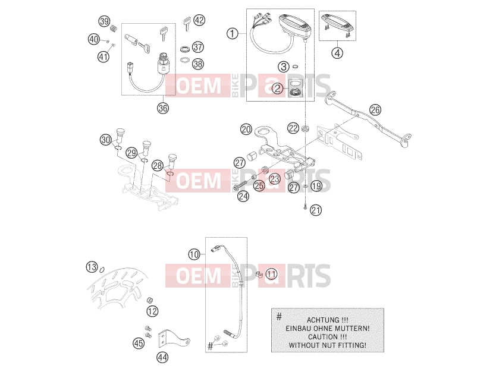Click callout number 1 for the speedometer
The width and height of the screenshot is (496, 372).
[x=233, y=33]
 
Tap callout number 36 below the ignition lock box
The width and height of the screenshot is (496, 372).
[x=163, y=108]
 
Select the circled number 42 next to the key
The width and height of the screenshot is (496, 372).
[x=199, y=20]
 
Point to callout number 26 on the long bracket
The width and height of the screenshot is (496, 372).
[x=375, y=110]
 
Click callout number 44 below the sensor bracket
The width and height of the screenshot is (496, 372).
[x=162, y=358]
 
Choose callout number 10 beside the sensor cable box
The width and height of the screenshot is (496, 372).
[x=194, y=254]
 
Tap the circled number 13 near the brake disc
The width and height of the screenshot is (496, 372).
[x=92, y=267]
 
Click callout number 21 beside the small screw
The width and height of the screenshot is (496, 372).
[x=316, y=210]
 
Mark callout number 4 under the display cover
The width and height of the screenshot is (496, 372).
[x=337, y=52]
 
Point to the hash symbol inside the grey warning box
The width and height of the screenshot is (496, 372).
[x=279, y=316]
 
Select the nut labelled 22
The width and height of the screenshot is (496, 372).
[x=305, y=128]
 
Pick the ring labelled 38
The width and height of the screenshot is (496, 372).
[x=185, y=60]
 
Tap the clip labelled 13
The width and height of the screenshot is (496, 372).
[x=102, y=269]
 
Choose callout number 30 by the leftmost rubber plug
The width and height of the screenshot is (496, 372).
[x=106, y=140]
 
